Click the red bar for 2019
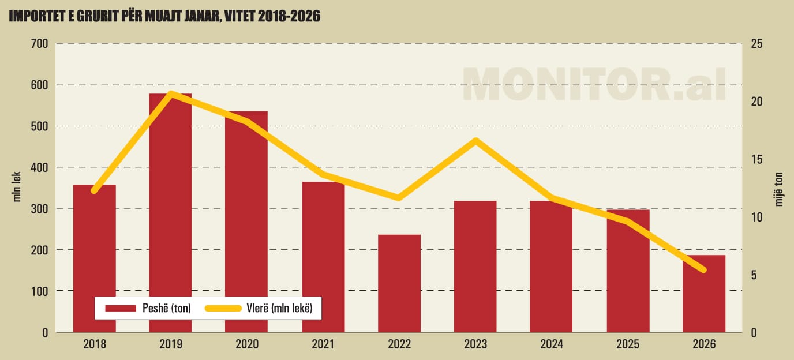coord(170,213)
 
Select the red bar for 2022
coord(399,283)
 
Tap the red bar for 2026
coord(704,294)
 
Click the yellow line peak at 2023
coord(475,140)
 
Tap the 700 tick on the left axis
coord(39,44)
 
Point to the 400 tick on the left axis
coord(39,167)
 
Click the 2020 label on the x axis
coord(246,344)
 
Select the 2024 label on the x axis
coord(551,344)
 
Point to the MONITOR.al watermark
coord(594,84)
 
